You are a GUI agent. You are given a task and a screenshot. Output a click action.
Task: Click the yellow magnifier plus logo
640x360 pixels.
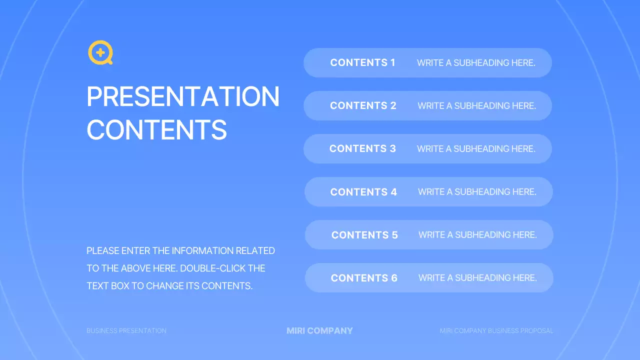point(100,53)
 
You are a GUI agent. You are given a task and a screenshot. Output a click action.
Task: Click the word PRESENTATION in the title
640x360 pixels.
point(183,97)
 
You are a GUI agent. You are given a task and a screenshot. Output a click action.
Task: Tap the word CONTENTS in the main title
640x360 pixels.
point(156,129)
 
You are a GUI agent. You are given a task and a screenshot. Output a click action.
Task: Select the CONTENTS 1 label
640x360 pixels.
point(362,62)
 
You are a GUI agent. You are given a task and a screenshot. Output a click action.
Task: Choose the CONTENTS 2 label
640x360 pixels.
point(363,105)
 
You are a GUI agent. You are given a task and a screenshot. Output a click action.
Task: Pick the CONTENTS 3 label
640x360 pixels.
point(362,148)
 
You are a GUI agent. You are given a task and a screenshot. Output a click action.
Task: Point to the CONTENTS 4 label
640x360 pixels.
point(363,192)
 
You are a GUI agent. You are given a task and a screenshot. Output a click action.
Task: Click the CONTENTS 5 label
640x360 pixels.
point(364,235)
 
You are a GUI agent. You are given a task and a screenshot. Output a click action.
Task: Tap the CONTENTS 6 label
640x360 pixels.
point(364,278)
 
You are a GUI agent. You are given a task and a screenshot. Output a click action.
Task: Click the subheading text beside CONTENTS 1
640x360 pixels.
point(476,63)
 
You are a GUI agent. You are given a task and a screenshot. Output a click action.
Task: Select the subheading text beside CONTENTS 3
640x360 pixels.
point(476,149)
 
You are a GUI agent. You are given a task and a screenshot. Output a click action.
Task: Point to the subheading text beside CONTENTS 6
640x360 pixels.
point(477,278)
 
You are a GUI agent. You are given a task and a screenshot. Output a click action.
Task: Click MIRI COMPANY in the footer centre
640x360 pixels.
point(319,330)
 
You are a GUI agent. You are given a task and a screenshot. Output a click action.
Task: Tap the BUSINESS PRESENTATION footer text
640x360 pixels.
point(126,330)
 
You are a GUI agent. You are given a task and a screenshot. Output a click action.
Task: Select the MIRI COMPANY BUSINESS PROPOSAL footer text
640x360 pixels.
point(496,330)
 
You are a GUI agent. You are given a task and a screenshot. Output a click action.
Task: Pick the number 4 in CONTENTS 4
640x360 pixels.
point(393,192)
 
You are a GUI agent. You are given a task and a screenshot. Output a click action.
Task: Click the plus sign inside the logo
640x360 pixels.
point(100,52)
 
